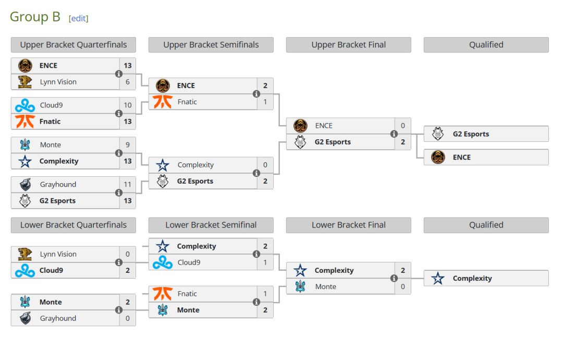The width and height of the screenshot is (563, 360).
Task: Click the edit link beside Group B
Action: [x=78, y=18]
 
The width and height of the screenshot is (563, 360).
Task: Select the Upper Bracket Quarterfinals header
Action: [x=73, y=45]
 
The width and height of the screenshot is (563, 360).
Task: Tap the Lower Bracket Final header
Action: [x=348, y=225]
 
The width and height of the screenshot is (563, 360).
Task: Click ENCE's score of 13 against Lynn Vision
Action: [x=128, y=66]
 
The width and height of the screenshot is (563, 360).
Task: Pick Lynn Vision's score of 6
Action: [x=128, y=82]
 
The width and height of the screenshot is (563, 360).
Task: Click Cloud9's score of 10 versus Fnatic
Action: [x=128, y=105]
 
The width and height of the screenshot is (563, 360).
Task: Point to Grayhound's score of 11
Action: [x=128, y=185]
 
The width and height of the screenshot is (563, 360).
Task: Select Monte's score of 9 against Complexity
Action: [x=128, y=145]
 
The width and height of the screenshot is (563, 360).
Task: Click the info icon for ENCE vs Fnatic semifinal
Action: [x=256, y=94]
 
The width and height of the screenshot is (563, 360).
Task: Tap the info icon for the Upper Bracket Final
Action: [x=394, y=134]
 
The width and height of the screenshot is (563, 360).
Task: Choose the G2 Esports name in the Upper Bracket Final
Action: [x=333, y=142]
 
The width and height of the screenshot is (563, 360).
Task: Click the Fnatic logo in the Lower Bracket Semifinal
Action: [x=163, y=294]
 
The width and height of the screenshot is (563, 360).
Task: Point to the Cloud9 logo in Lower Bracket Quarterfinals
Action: [x=25, y=271]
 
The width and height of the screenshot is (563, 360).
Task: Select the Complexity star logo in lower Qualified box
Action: [x=438, y=279]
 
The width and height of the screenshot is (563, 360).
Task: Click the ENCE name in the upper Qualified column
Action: [x=461, y=158]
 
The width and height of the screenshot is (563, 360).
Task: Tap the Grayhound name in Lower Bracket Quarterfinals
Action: [x=58, y=318]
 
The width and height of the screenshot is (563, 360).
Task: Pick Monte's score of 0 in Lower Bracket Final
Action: [x=402, y=287]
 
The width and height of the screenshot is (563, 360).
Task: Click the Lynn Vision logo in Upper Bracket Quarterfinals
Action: [x=25, y=82]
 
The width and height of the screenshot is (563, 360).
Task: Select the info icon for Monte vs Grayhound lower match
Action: [x=118, y=310]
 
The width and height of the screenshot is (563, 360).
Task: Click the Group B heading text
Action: [x=35, y=17]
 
